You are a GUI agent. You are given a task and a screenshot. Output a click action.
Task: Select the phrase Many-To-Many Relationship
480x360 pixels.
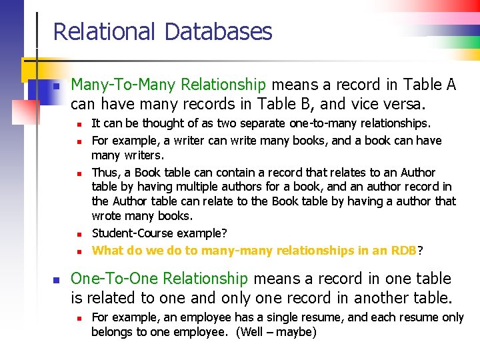click(168, 85)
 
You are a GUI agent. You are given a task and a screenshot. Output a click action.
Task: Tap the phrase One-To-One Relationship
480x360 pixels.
click(159, 279)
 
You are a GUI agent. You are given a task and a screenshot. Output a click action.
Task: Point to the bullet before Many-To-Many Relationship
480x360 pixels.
click(57, 86)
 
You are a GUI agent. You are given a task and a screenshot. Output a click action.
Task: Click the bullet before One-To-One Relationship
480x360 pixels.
click(57, 280)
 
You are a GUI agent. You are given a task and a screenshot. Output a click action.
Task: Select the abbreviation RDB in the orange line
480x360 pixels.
click(403, 251)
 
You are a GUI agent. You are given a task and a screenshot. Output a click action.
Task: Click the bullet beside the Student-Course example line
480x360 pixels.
click(78, 234)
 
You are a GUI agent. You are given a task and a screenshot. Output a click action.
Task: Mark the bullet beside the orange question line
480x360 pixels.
click(78, 251)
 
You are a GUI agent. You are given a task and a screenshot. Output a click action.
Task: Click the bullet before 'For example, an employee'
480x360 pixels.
click(78, 319)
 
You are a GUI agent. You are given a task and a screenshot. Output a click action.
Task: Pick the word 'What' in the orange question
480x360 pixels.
click(107, 251)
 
